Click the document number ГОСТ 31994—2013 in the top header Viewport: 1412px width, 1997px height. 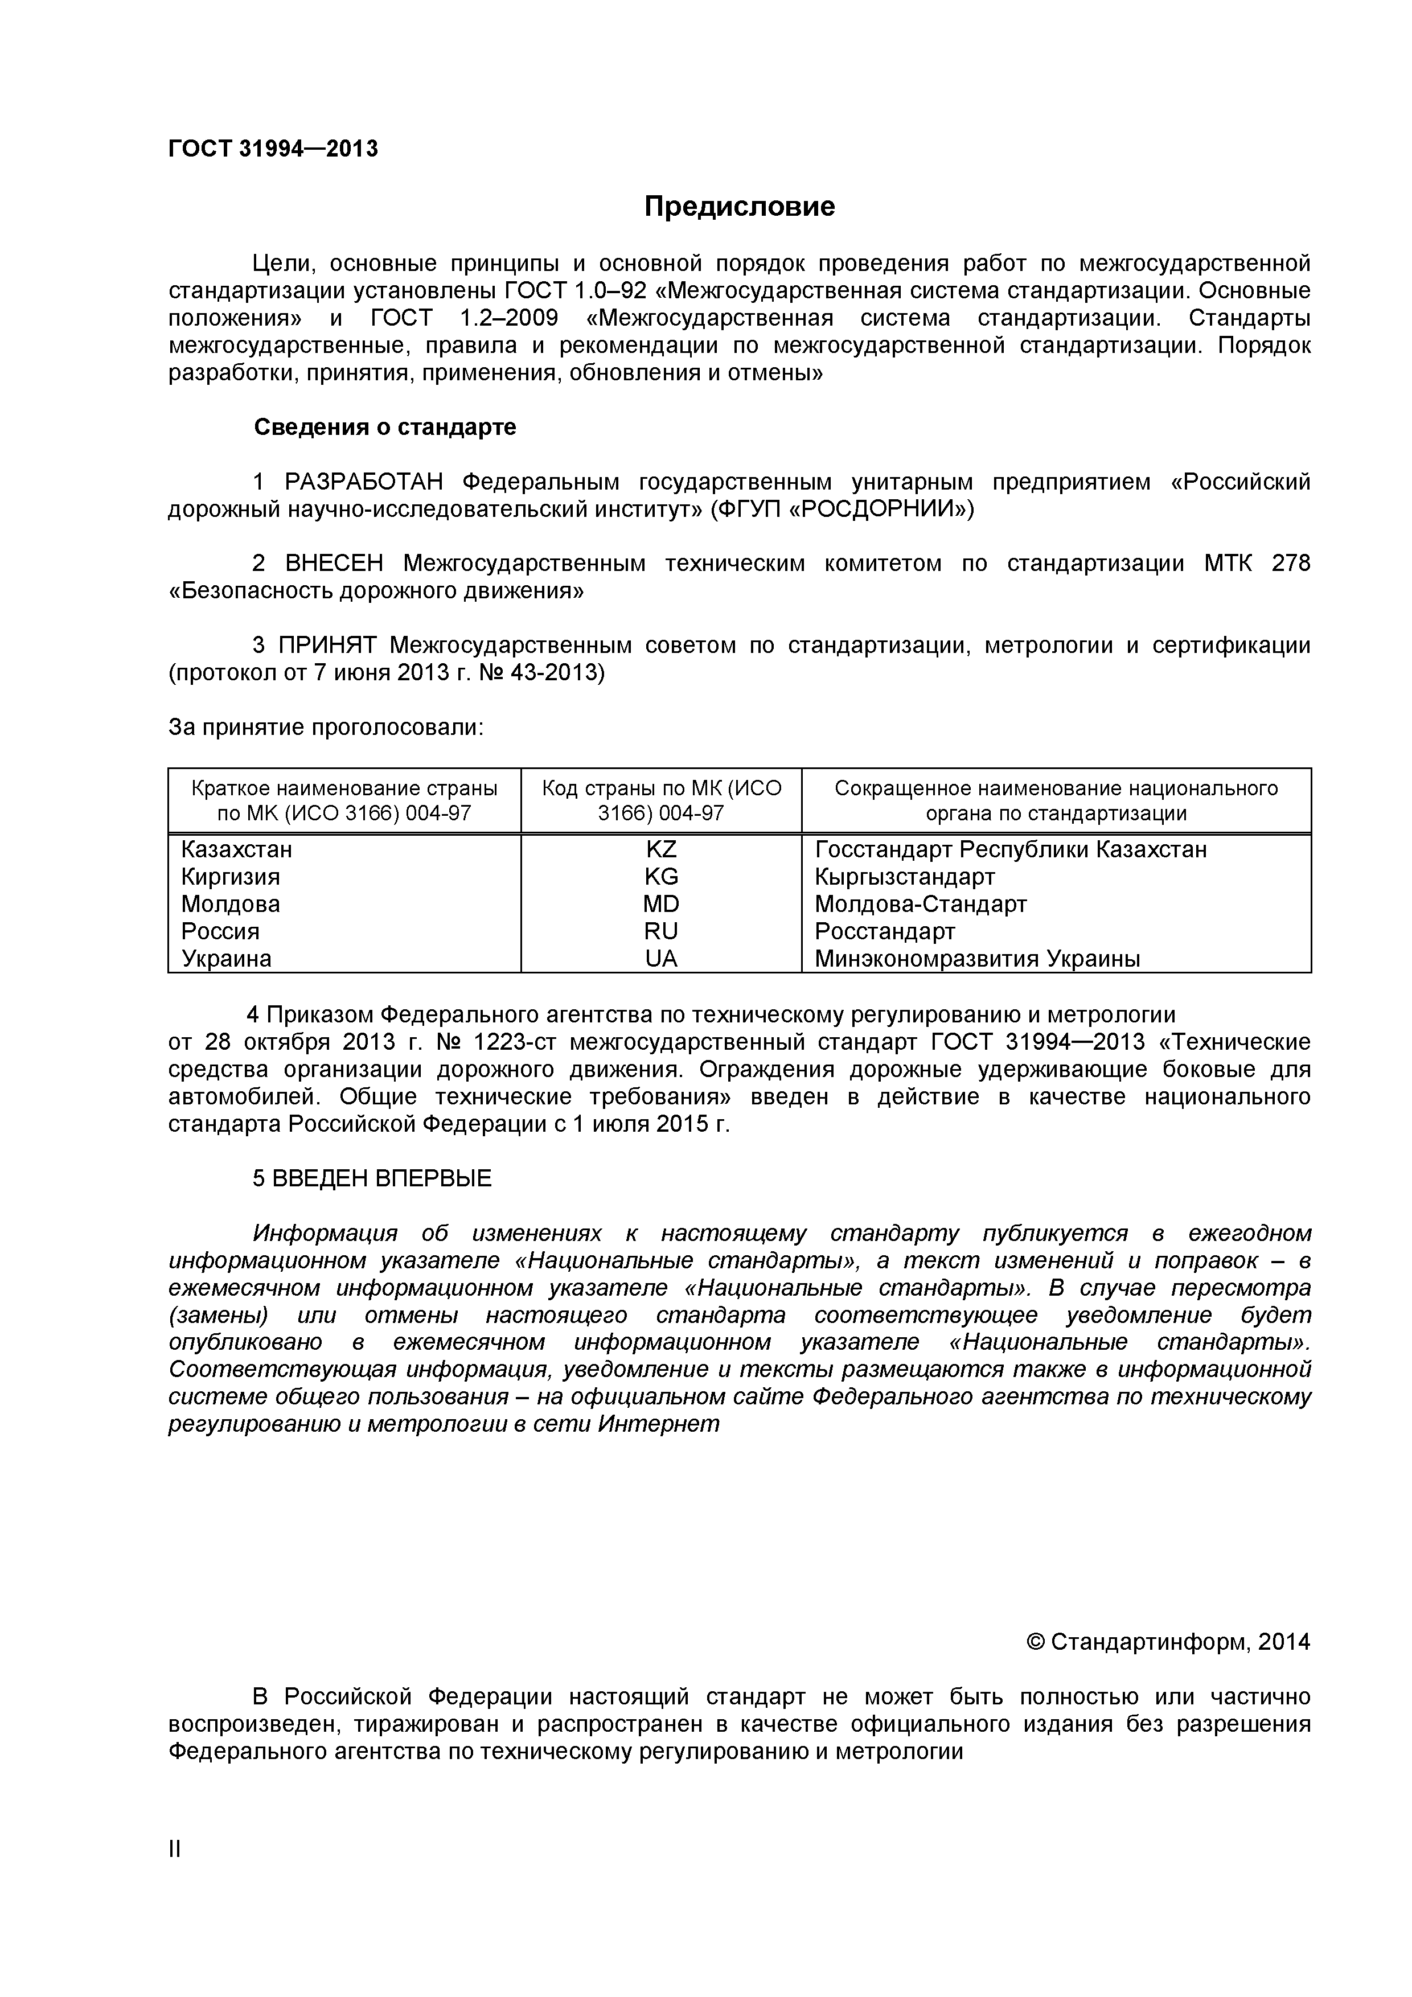(273, 149)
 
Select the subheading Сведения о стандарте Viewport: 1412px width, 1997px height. (384, 427)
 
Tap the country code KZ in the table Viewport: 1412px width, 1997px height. (661, 849)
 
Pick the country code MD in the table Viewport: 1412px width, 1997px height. (661, 903)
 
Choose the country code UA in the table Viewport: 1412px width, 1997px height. (661, 959)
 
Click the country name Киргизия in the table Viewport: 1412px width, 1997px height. (231, 877)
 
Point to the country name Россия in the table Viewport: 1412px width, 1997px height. (220, 931)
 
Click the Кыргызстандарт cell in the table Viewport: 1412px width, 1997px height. (904, 877)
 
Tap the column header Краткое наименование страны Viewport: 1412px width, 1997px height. (344, 788)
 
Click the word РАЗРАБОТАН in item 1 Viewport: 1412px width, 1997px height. (364, 482)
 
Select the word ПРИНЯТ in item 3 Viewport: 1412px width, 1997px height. (328, 646)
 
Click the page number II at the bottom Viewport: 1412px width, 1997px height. (175, 1873)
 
